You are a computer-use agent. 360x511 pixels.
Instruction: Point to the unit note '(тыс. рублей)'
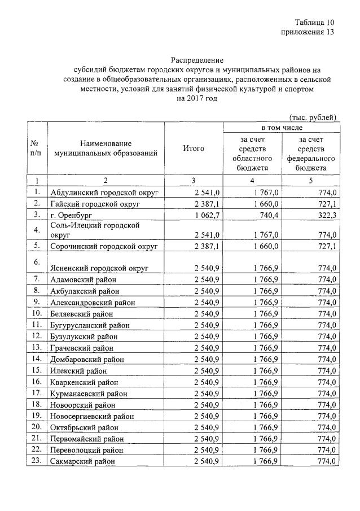pyautogui.click(x=313, y=117)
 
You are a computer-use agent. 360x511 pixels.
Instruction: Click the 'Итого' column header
pyautogui.click(x=194, y=149)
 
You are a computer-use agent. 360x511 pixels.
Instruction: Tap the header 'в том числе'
pyautogui.click(x=281, y=128)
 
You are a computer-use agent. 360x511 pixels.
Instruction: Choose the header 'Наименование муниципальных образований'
pyautogui.click(x=106, y=149)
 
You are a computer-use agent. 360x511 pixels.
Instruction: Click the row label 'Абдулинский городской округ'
pyautogui.click(x=104, y=193)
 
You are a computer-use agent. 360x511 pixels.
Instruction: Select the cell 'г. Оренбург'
pyautogui.click(x=71, y=215)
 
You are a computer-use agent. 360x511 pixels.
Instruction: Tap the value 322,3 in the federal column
pyautogui.click(x=326, y=215)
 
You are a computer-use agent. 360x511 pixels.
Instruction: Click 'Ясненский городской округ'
pyautogui.click(x=99, y=268)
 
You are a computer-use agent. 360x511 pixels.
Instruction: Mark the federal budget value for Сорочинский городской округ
pyautogui.click(x=326, y=246)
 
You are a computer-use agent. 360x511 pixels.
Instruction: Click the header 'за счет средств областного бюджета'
pyautogui.click(x=252, y=154)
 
